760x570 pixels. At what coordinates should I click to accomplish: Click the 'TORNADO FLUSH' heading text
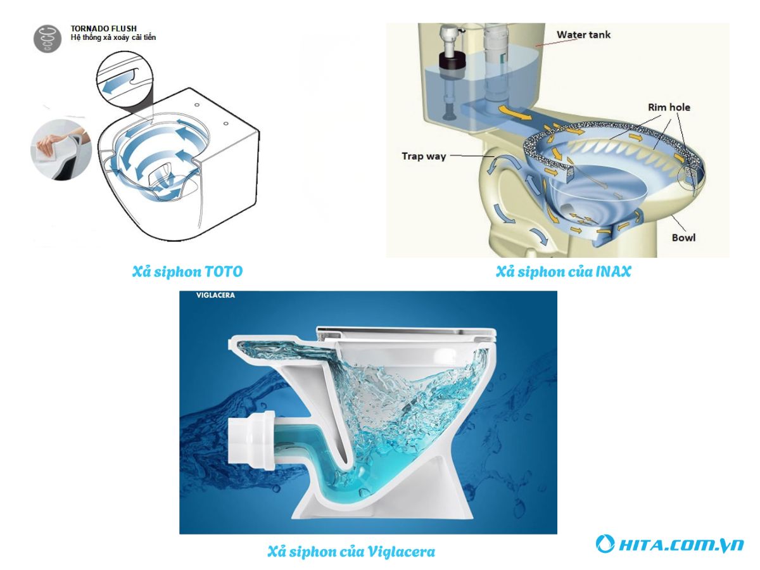[103, 28]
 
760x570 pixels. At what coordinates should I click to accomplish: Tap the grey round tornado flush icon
[47, 39]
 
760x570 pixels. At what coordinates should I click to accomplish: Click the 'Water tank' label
[583, 35]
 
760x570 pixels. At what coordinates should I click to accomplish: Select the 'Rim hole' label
[669, 107]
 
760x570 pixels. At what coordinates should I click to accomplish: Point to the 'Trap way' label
[424, 156]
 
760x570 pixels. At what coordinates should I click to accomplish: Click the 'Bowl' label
[683, 237]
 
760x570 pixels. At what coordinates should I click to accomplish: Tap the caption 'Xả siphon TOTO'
[187, 272]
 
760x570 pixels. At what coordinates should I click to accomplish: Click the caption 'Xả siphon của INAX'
[563, 272]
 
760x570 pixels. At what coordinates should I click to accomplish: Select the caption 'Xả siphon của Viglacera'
[351, 551]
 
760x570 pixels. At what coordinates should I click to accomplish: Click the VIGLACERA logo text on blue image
[215, 295]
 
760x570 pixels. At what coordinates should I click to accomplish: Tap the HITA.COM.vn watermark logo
[669, 545]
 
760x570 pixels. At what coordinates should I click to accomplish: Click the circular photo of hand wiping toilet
[61, 150]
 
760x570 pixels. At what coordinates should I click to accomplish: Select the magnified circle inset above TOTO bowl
[125, 80]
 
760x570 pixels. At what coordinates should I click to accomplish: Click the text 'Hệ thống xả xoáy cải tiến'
[113, 37]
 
